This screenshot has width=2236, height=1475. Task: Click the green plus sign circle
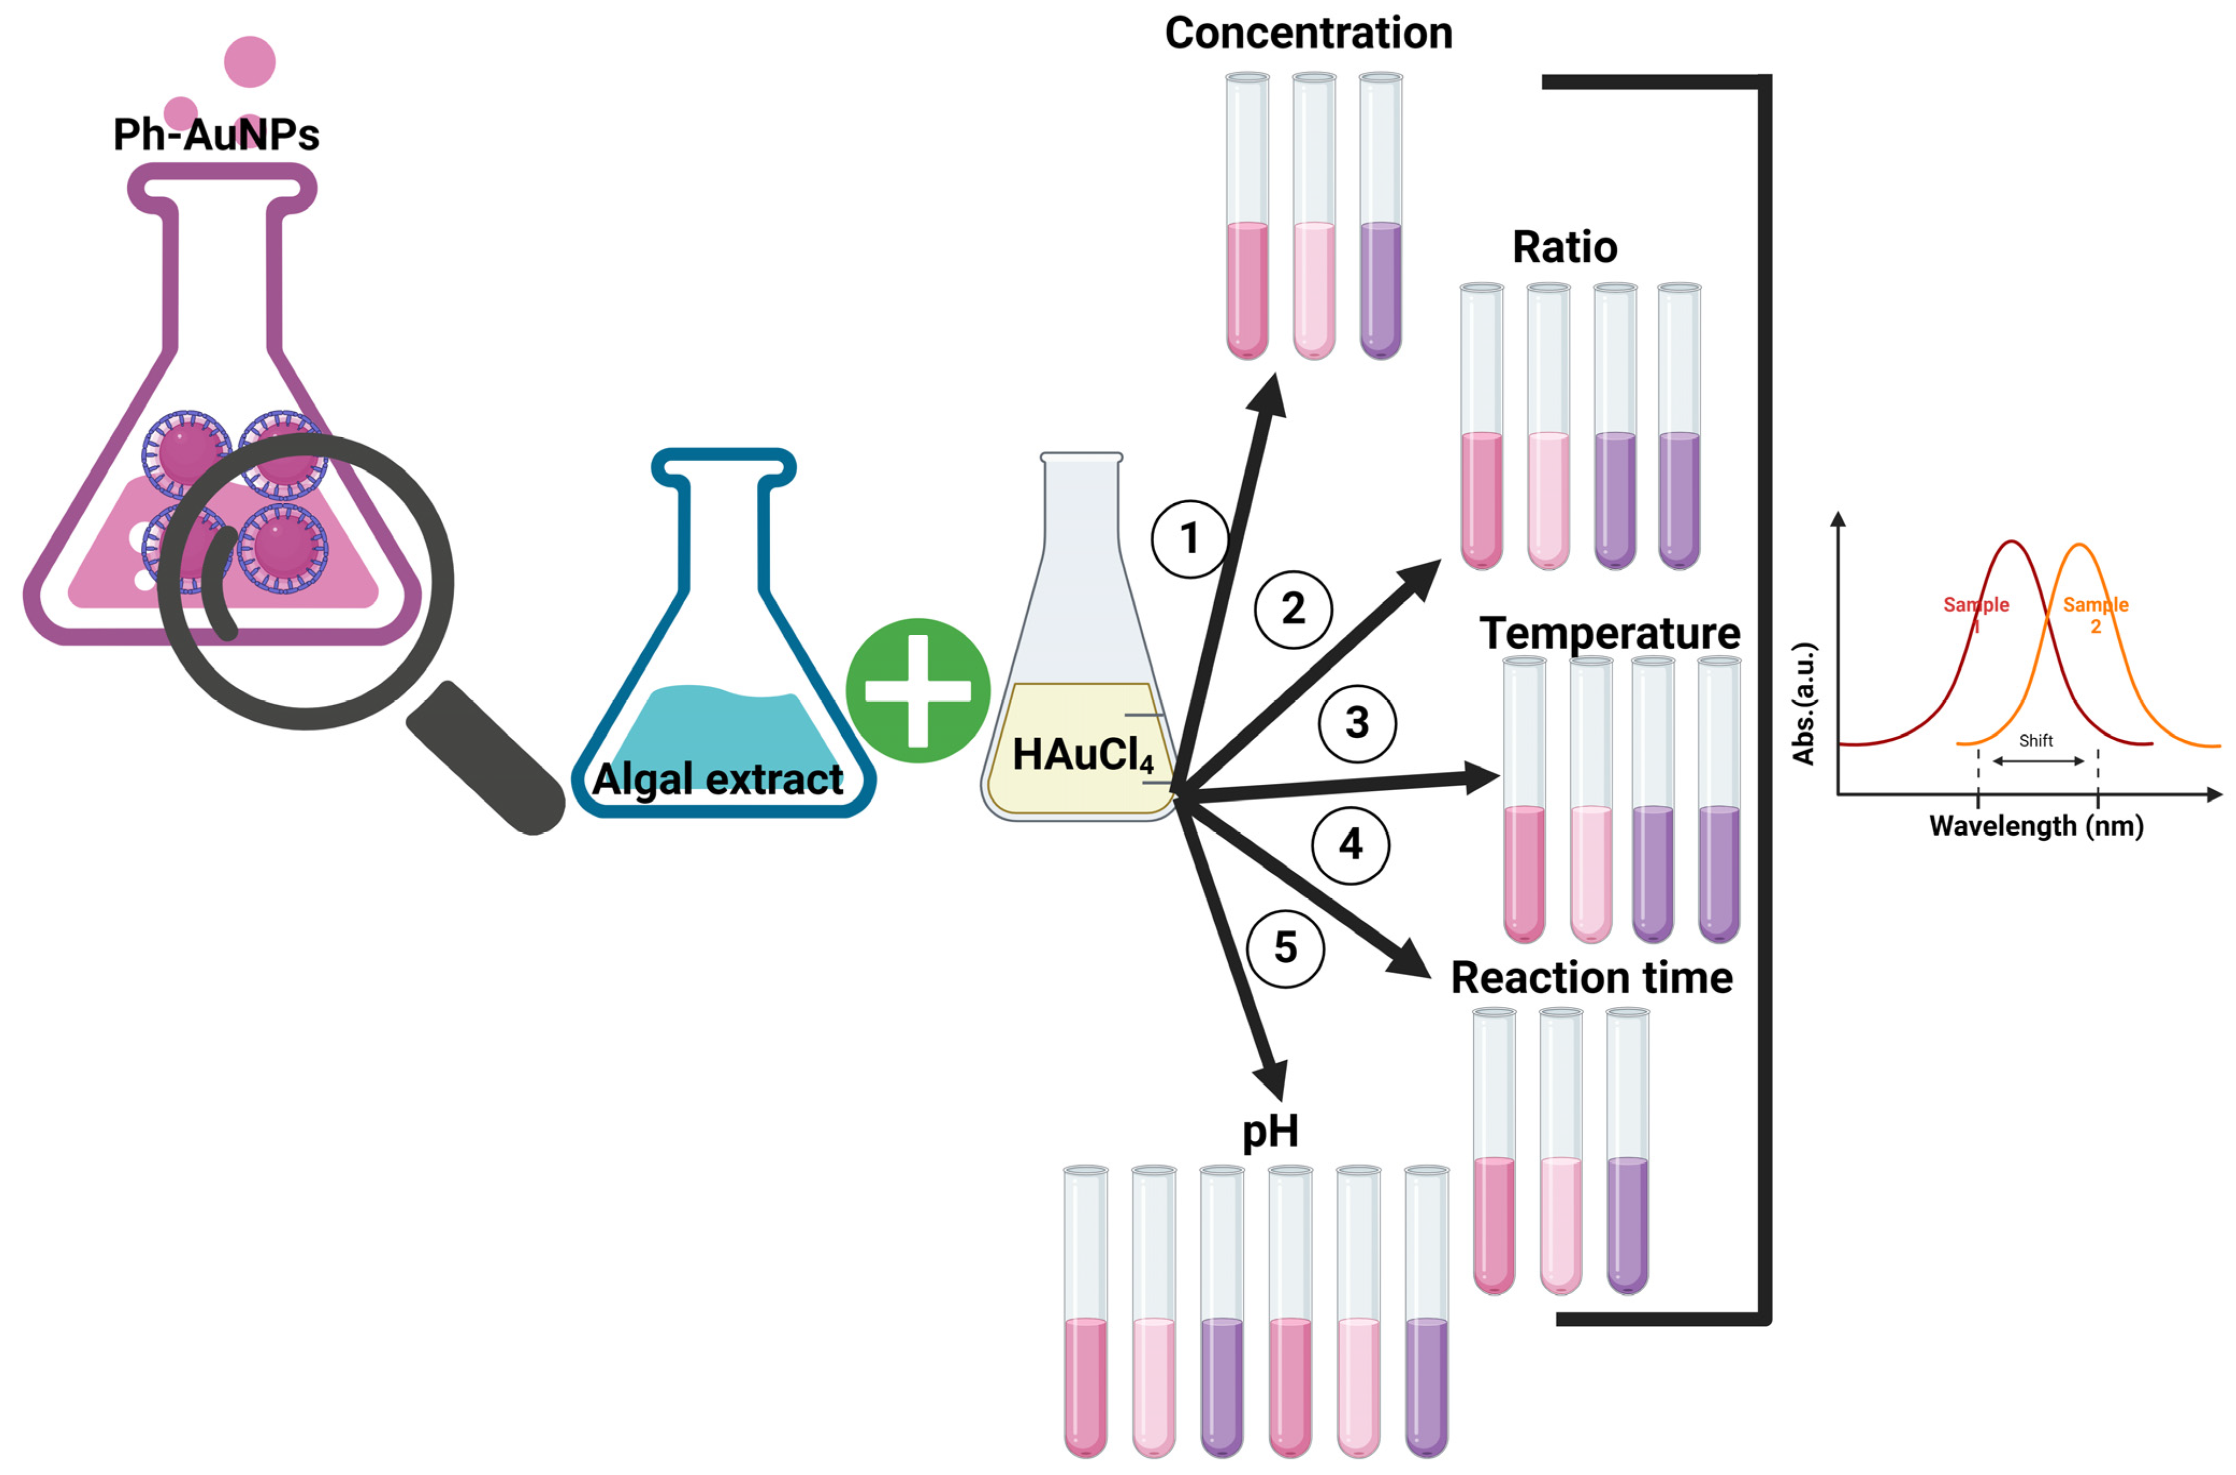(x=917, y=690)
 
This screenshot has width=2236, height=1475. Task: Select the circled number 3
(x=1357, y=722)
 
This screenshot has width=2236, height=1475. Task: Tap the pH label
(x=1270, y=1131)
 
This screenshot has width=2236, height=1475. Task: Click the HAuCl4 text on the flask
(x=1082, y=755)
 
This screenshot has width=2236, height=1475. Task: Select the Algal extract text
(x=718, y=779)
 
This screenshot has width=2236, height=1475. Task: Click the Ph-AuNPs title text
(x=217, y=134)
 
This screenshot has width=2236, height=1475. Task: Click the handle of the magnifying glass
(x=484, y=758)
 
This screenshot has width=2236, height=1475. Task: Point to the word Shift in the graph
(x=2036, y=740)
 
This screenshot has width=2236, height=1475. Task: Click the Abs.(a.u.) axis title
(x=1803, y=704)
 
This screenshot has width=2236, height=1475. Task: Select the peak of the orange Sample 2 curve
(x=2080, y=546)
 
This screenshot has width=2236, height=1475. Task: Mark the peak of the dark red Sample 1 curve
(x=2011, y=543)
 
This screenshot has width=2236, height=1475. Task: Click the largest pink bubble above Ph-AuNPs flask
(x=249, y=62)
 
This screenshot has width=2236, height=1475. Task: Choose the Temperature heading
(x=1609, y=633)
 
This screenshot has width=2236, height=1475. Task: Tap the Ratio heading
(x=1564, y=247)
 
